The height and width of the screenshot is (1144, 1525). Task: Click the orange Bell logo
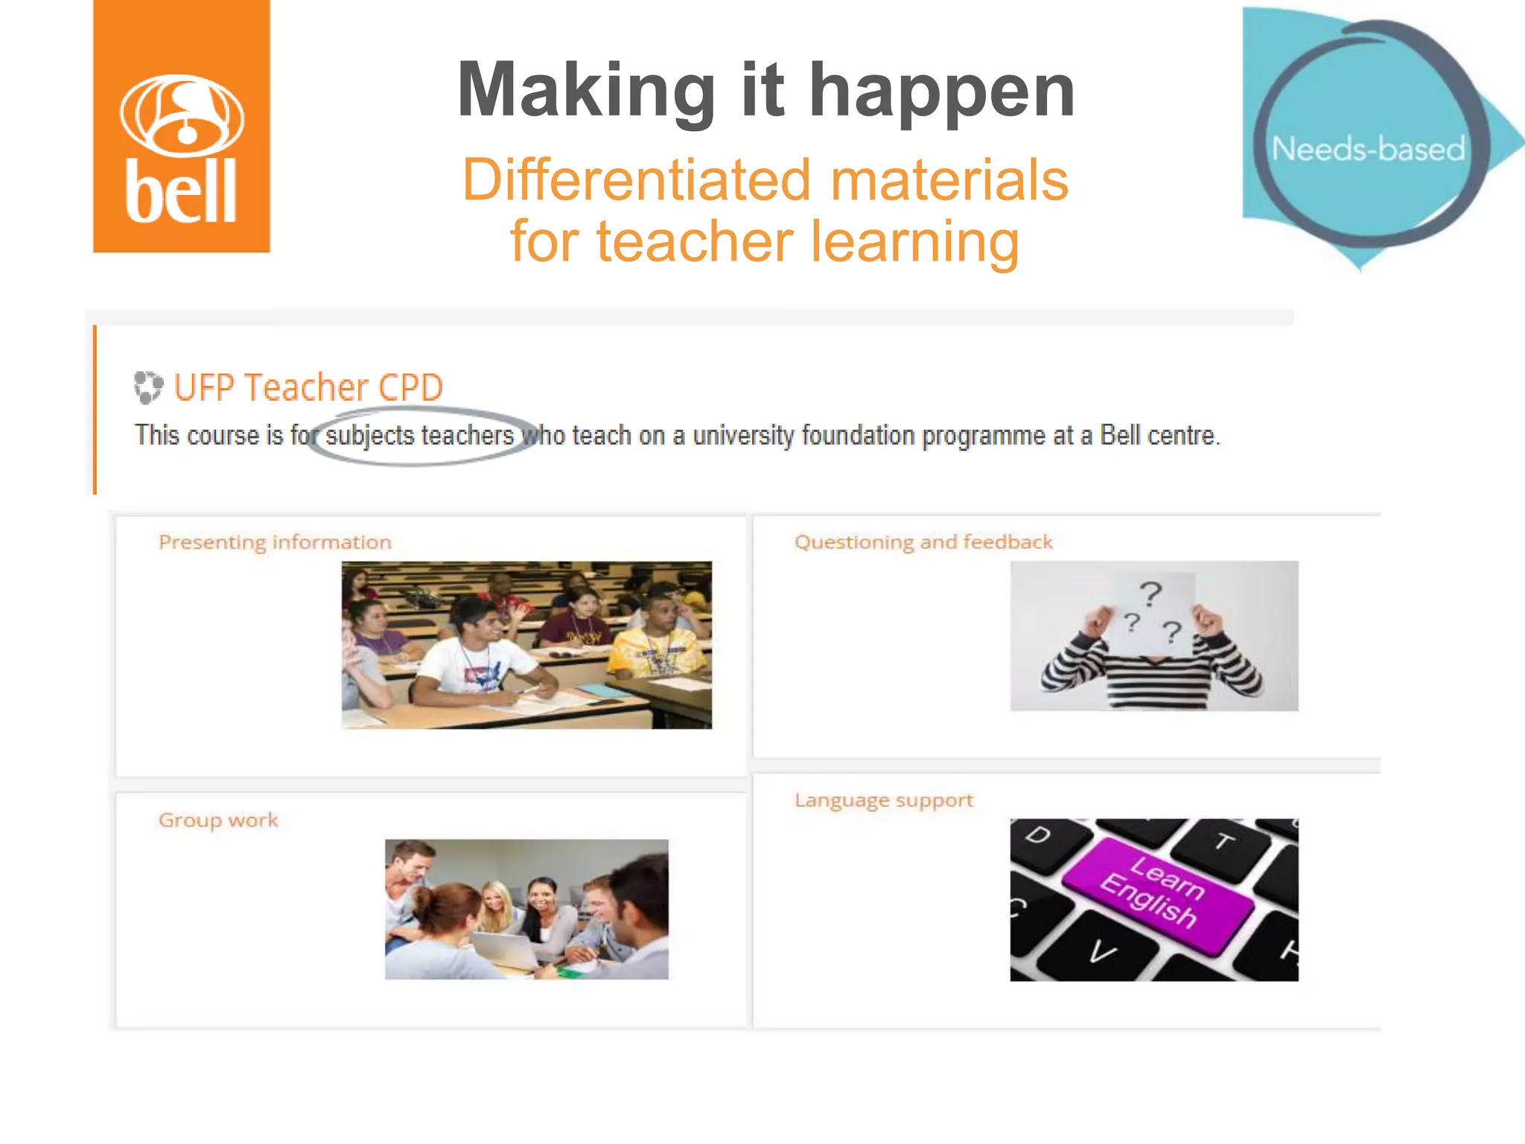tap(181, 127)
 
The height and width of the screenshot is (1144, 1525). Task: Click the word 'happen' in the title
tap(942, 91)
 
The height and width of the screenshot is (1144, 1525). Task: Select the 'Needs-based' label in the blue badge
tap(1368, 149)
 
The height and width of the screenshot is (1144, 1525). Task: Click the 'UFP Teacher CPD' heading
tap(308, 387)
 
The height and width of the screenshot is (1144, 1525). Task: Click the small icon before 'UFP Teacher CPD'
tap(147, 387)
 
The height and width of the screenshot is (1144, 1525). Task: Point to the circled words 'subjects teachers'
tap(419, 436)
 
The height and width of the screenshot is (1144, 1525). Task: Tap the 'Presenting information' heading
tap(275, 542)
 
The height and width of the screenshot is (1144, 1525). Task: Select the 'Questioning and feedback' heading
tap(923, 542)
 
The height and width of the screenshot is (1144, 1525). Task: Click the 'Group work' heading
tap(218, 820)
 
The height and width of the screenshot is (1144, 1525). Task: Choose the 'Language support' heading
tap(884, 801)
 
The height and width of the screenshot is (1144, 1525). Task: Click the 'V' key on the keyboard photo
tap(1103, 953)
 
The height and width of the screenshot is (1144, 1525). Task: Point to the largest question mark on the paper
tap(1150, 594)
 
